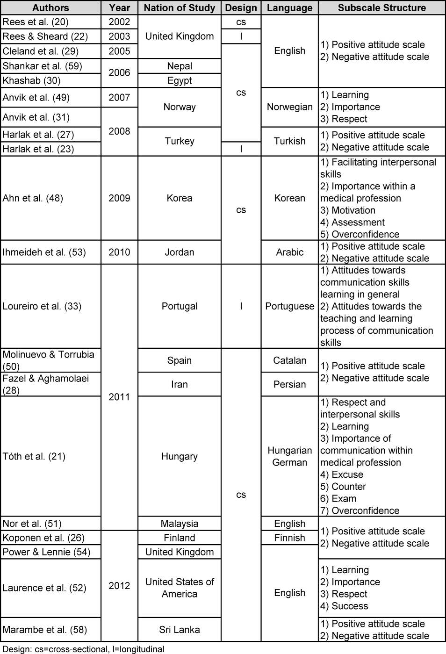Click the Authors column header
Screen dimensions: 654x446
(50, 8)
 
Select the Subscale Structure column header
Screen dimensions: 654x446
(381, 8)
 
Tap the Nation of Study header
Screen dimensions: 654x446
(180, 8)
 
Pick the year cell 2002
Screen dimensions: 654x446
(119, 22)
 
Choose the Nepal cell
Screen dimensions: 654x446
(180, 66)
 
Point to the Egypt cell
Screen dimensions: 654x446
(180, 80)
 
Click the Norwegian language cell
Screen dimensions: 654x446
(289, 107)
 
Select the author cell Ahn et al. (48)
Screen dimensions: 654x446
(33, 198)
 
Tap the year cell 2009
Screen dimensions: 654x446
(119, 198)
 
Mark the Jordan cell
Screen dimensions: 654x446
(180, 252)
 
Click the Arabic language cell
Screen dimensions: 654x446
(289, 252)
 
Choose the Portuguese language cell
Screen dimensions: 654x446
(289, 306)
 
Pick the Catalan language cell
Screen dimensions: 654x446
(289, 360)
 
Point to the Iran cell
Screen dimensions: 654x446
(180, 384)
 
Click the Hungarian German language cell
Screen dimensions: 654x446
(289, 456)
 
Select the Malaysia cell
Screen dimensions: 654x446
(180, 524)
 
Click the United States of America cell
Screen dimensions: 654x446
(180, 588)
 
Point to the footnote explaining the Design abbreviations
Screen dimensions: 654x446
(83, 649)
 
